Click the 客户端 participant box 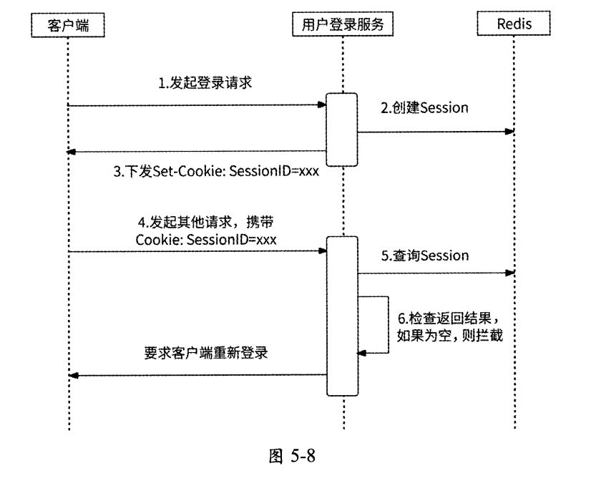point(68,25)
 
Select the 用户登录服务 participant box point(343,25)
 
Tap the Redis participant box point(514,25)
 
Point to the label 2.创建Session point(424,108)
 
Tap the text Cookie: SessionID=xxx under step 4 point(206,239)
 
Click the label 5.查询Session point(424,255)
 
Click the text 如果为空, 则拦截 point(450,334)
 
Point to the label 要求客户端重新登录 point(203,354)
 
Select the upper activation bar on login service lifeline point(342,130)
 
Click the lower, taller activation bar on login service point(342,316)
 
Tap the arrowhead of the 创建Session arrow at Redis point(509,132)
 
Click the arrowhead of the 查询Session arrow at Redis point(509,273)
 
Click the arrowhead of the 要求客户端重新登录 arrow point(73,376)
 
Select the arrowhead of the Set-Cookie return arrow point(73,151)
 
